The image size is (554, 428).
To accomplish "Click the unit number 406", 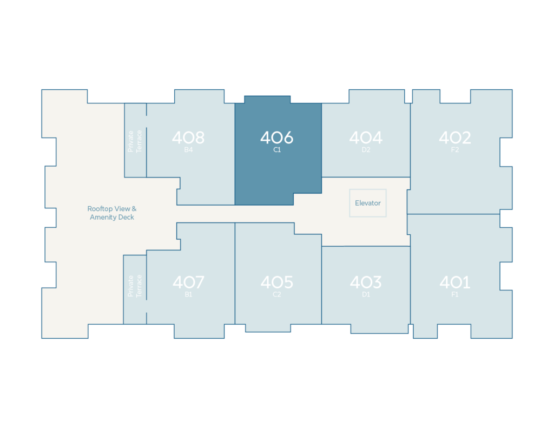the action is (x=276, y=137).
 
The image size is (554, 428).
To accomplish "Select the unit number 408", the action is (x=188, y=137).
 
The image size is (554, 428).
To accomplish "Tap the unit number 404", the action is (x=366, y=137).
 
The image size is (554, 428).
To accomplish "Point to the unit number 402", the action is (x=455, y=137).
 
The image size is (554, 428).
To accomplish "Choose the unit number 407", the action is (x=188, y=282).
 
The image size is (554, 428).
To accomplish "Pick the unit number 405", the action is (x=276, y=282).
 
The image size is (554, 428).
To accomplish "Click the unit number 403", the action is (x=366, y=282).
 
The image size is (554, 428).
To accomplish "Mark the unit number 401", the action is (x=455, y=282).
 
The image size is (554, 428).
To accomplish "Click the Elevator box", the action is (x=368, y=203).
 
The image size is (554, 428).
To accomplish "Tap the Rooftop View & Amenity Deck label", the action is (x=112, y=213).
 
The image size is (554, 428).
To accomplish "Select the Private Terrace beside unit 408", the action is (x=135, y=141).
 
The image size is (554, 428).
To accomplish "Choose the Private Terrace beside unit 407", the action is (x=135, y=286).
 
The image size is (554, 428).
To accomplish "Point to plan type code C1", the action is (x=277, y=150).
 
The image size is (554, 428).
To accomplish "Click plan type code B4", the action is (x=188, y=150).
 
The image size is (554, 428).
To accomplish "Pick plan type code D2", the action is (x=366, y=150).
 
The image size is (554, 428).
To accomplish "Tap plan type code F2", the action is (x=455, y=150).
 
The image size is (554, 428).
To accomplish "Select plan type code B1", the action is (x=188, y=294).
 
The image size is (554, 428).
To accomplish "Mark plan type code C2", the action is (x=276, y=294).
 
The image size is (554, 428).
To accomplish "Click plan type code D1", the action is (x=366, y=294).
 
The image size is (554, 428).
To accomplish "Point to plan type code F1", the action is (x=455, y=294).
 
